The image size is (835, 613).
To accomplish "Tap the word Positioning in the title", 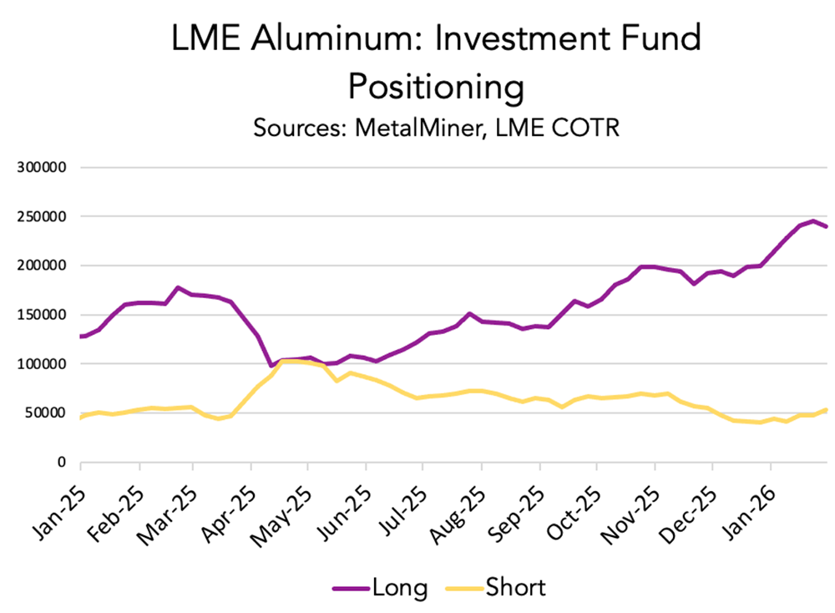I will click(x=435, y=86).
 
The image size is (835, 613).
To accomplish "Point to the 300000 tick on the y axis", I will click(x=42, y=167).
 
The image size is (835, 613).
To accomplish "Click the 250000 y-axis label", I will click(x=42, y=216).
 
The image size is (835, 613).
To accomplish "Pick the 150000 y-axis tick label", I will click(x=42, y=315).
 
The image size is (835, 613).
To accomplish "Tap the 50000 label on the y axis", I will click(x=45, y=413).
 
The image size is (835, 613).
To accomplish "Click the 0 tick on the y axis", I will click(x=62, y=462).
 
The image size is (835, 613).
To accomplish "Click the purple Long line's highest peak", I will click(x=812, y=221).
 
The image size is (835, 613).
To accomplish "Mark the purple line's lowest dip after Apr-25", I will click(x=271, y=366).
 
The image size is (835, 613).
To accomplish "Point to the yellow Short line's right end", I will click(x=827, y=409).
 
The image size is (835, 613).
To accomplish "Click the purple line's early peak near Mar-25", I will click(x=177, y=287).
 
